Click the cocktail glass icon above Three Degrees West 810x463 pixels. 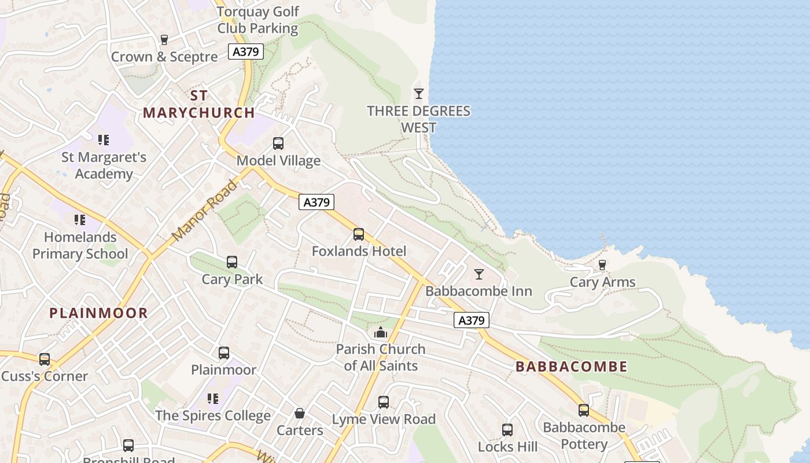(419, 93)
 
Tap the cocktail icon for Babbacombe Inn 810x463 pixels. (479, 274)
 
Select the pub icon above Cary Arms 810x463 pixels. (602, 265)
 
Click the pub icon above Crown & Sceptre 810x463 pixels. (164, 39)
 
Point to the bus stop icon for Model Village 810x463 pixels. (278, 143)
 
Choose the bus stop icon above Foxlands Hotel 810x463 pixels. (359, 234)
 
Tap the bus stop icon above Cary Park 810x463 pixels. (232, 262)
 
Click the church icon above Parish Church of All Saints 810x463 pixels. (381, 332)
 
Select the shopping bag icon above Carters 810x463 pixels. (300, 413)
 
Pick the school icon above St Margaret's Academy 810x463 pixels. (104, 139)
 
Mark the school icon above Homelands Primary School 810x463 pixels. (80, 219)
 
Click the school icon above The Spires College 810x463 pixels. (213, 398)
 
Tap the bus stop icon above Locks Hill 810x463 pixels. (507, 429)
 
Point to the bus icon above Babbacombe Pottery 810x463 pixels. (584, 410)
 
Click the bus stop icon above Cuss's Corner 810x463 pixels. (45, 359)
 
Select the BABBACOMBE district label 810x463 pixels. (571, 366)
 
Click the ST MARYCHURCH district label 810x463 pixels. (199, 104)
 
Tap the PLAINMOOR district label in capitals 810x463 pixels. (98, 313)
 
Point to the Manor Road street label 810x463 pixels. (205, 211)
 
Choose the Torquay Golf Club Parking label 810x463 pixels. (258, 20)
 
